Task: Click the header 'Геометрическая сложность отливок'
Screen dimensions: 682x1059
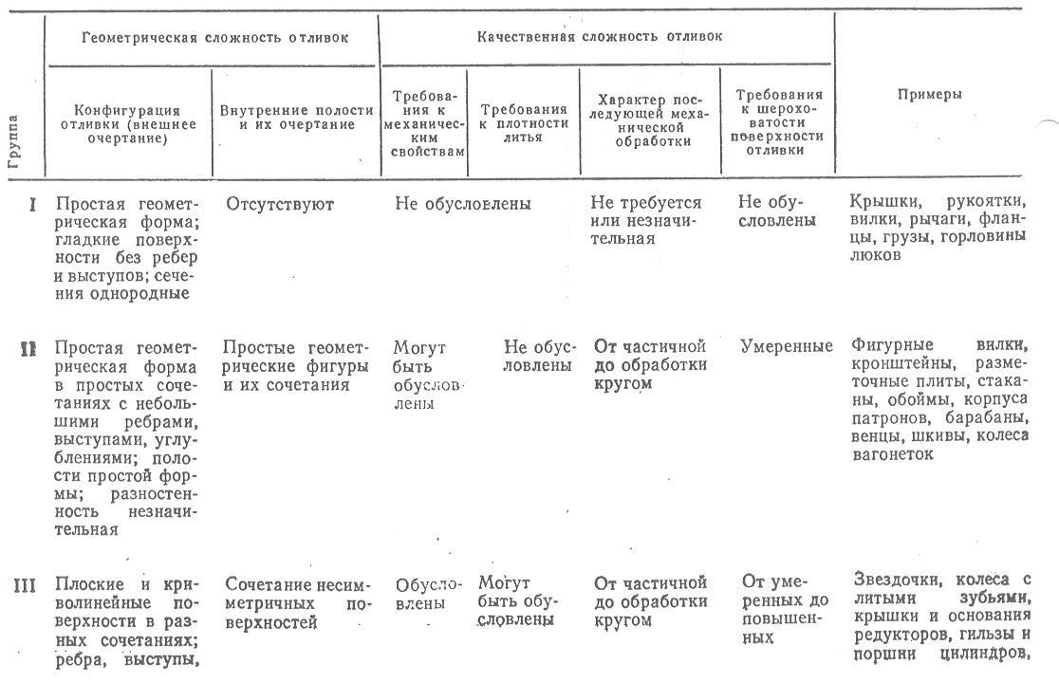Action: (214, 38)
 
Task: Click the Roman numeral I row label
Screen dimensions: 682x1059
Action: (33, 203)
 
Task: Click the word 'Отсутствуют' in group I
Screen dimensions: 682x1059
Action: (280, 203)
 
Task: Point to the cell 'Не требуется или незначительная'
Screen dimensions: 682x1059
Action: (645, 220)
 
